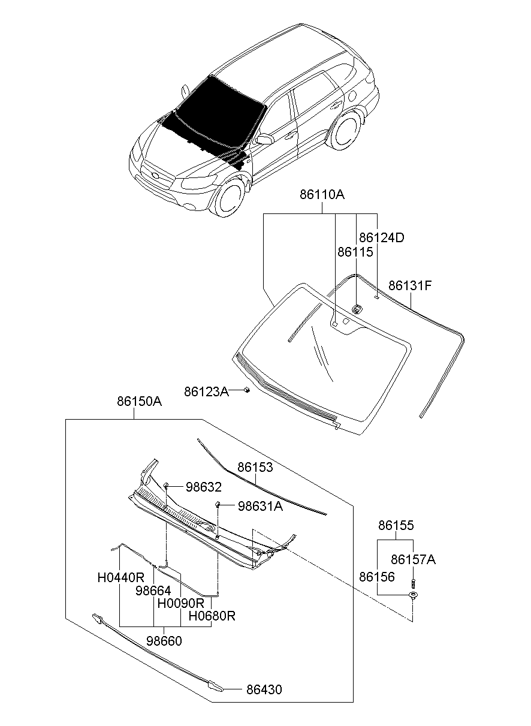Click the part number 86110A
click(322, 195)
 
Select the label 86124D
click(381, 237)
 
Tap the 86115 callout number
click(355, 252)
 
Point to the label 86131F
click(410, 285)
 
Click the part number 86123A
click(206, 391)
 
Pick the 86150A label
click(139, 402)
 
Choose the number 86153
click(255, 467)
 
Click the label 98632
click(203, 487)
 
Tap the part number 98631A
click(260, 506)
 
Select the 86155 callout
click(396, 525)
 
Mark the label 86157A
click(413, 559)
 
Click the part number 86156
click(377, 577)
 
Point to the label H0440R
click(121, 577)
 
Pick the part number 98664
click(153, 590)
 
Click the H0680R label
click(212, 616)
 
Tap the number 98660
click(164, 641)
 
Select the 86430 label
click(264, 689)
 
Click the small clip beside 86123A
click(247, 390)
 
